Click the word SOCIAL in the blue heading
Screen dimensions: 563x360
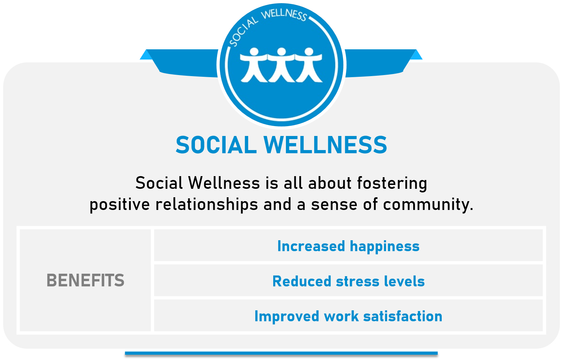click(216, 145)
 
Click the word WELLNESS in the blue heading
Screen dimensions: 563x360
click(325, 145)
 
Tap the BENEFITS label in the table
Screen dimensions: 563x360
click(85, 280)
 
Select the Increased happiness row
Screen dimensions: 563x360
click(348, 246)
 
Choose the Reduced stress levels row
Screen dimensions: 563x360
click(348, 280)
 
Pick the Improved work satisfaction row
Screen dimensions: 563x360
click(348, 316)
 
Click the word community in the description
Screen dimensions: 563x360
click(428, 205)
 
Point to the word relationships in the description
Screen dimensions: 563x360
click(207, 205)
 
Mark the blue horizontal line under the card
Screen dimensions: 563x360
click(281, 353)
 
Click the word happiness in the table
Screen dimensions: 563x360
click(385, 247)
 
